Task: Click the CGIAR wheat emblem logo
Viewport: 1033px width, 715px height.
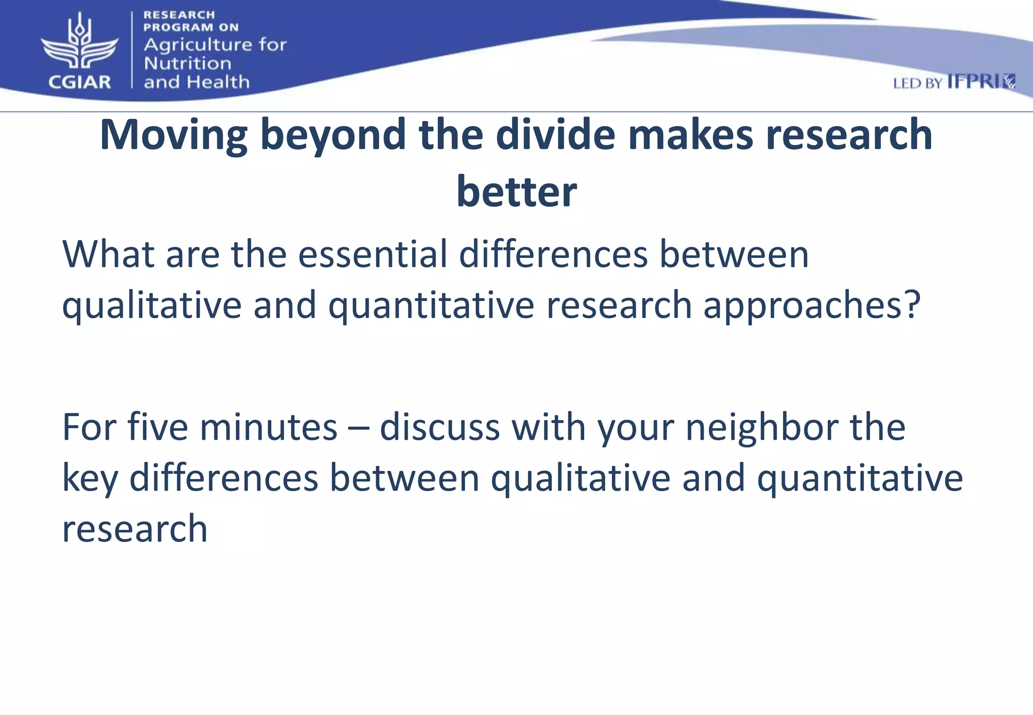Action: point(79,43)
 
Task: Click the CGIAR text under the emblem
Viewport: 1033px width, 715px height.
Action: point(79,82)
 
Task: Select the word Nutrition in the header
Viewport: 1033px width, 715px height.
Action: point(187,64)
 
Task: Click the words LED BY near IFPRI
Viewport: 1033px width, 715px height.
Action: point(917,84)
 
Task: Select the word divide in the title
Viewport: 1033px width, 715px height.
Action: point(555,135)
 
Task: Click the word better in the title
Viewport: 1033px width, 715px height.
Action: point(516,192)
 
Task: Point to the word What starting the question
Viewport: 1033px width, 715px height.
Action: point(107,254)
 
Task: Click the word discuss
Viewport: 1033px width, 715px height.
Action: point(439,427)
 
